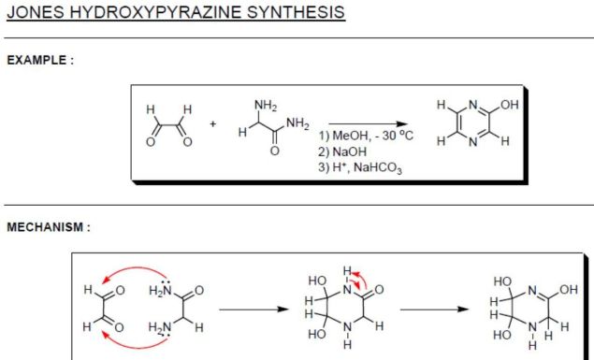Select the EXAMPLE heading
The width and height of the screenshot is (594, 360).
pos(40,61)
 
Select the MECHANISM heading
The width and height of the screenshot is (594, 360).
pos(48,227)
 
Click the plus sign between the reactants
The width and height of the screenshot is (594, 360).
pos(213,122)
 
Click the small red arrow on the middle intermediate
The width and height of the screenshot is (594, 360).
pos(358,278)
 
